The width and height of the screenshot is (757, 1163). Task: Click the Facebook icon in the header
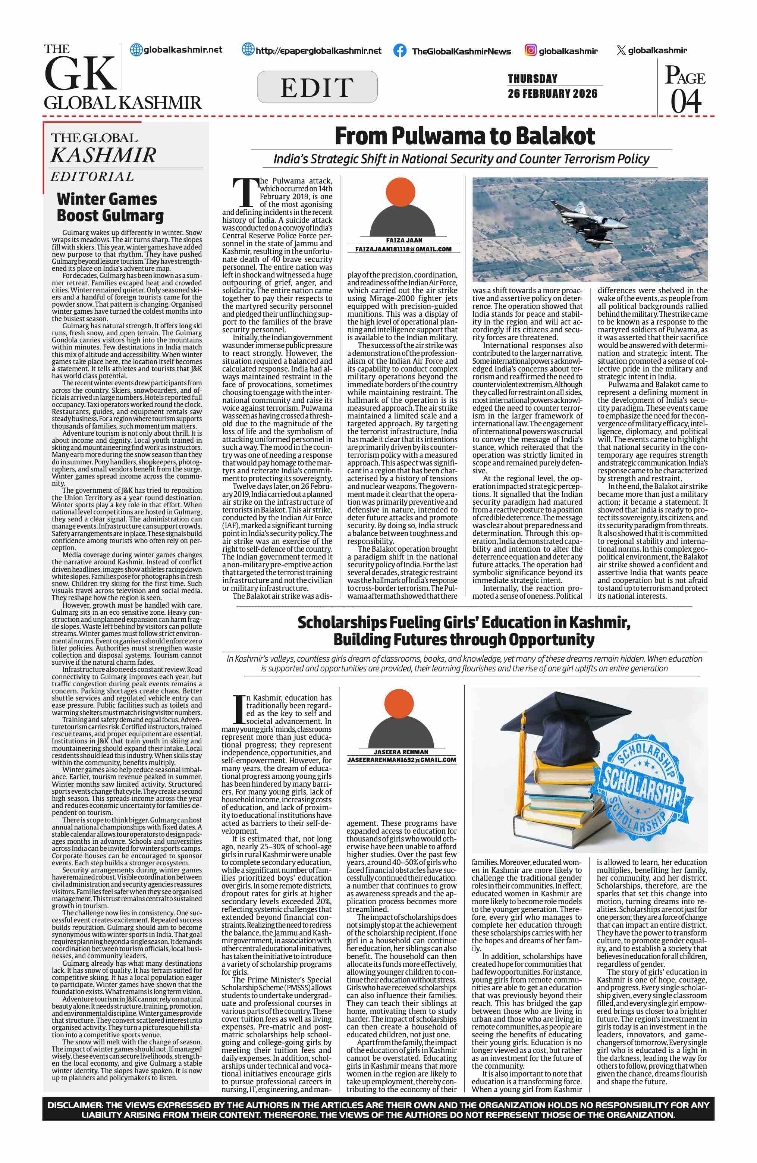399,51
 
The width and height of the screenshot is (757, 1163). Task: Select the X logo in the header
621,50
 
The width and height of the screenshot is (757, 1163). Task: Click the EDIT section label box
317,87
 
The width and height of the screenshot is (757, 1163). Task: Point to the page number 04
686,101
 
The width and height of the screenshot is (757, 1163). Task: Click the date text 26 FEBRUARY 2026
552,94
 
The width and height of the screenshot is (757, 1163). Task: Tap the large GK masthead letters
80,74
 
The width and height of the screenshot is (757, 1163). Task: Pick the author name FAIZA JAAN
404,241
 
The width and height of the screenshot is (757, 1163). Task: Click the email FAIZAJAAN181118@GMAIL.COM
403,249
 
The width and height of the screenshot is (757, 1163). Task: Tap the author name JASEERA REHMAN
401,752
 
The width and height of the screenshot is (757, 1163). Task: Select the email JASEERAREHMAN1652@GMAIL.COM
402,760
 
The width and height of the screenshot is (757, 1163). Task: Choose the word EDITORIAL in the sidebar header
92,176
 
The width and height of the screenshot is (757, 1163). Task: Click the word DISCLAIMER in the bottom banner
75,1105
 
